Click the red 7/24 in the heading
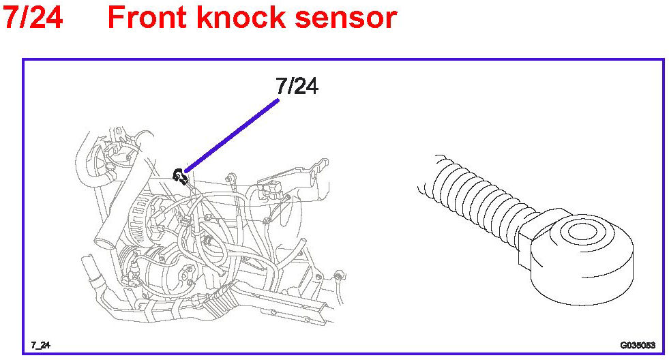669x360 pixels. click(x=33, y=17)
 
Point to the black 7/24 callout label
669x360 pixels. click(x=297, y=86)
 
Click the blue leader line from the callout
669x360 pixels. click(x=232, y=134)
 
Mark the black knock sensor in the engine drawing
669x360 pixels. click(x=181, y=176)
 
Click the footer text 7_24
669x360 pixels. click(x=40, y=344)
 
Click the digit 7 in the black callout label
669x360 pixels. click(x=282, y=86)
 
